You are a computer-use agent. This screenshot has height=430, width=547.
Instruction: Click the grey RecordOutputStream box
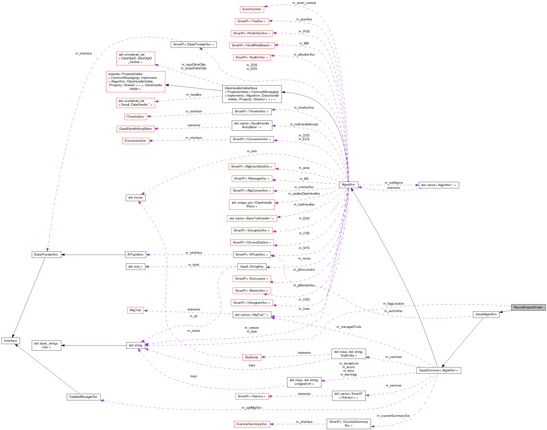click(528, 307)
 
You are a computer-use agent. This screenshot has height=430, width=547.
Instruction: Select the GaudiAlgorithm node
click(486, 314)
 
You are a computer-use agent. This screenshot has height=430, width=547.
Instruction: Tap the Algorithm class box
click(348, 185)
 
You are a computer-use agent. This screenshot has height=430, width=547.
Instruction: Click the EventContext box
click(252, 9)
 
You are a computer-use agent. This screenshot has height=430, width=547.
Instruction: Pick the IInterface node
click(10, 341)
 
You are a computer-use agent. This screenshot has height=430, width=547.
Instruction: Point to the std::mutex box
click(136, 198)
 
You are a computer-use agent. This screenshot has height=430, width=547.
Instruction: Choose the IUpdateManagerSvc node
click(84, 397)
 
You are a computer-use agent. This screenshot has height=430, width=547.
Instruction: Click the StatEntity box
click(251, 357)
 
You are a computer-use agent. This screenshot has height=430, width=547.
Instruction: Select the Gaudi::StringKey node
click(252, 266)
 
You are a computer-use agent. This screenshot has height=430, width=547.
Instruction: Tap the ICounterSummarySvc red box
click(251, 424)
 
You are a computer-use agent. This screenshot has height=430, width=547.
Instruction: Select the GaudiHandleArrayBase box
click(136, 129)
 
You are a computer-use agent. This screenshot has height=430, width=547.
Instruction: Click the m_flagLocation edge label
click(393, 304)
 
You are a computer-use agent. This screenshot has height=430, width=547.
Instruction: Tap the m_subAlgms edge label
click(394, 183)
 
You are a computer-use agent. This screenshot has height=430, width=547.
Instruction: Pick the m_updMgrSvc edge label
click(252, 408)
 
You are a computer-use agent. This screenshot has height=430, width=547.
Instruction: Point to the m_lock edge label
click(252, 151)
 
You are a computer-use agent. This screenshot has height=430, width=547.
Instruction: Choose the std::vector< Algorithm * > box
click(439, 185)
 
